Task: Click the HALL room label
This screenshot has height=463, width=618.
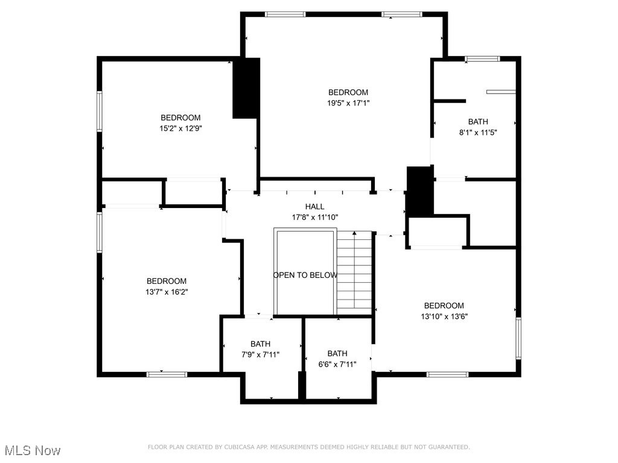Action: [x=314, y=207]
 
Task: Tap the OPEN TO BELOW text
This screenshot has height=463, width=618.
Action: [x=305, y=276]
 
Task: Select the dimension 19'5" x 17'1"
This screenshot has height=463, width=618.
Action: [x=348, y=103]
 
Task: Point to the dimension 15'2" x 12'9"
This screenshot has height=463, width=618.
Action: [x=180, y=128]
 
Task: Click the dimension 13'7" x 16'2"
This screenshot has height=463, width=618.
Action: [x=167, y=292]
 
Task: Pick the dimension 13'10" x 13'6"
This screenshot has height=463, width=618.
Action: [x=444, y=316]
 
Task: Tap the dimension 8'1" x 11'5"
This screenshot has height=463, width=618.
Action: [x=478, y=132]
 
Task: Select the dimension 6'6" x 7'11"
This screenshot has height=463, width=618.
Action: [x=337, y=364]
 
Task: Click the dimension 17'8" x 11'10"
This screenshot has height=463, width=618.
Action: [x=314, y=217]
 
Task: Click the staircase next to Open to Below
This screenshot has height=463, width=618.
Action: [x=354, y=271]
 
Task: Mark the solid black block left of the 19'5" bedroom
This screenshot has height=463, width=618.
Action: [x=246, y=88]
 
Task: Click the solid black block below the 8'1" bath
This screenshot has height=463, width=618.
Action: [x=420, y=191]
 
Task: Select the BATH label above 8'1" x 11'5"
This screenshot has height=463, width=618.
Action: [x=478, y=122]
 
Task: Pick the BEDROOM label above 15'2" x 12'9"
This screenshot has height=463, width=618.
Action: [x=180, y=118]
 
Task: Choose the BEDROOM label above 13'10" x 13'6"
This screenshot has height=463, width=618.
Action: [x=444, y=306]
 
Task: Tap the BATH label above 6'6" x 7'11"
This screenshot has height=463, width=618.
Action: [x=337, y=354]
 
